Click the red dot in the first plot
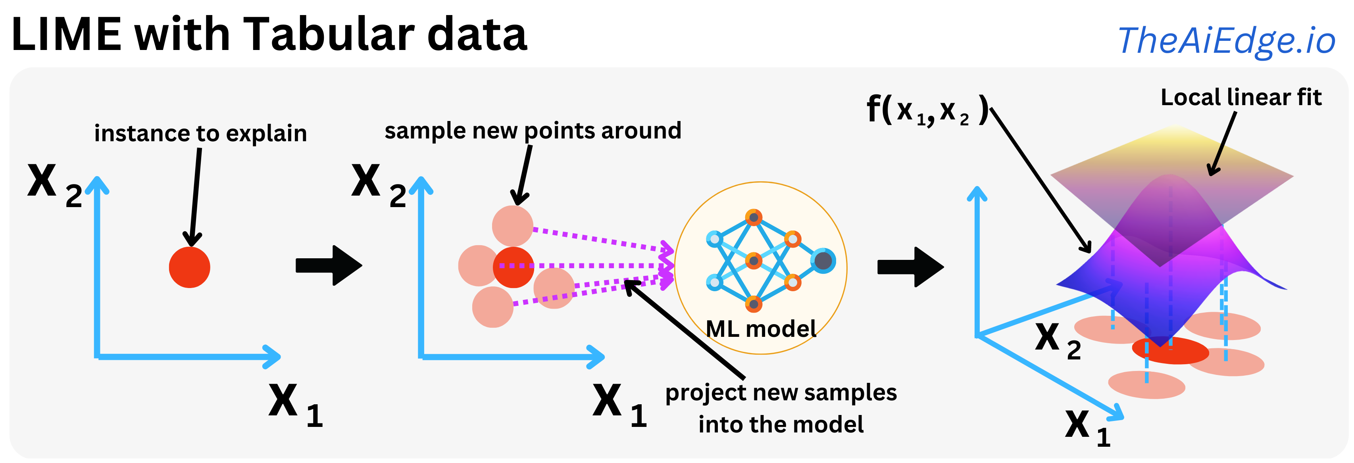click(x=189, y=267)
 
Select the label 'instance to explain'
click(x=200, y=133)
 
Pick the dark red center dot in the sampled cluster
click(x=514, y=267)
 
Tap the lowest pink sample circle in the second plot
click(x=492, y=307)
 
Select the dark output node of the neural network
click(x=823, y=261)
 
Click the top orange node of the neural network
click(x=753, y=217)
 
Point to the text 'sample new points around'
click(x=533, y=131)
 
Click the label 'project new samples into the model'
click(x=781, y=408)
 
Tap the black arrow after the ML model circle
click(x=910, y=267)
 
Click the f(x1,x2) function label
click(x=926, y=110)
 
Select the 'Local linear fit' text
click(x=1241, y=98)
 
